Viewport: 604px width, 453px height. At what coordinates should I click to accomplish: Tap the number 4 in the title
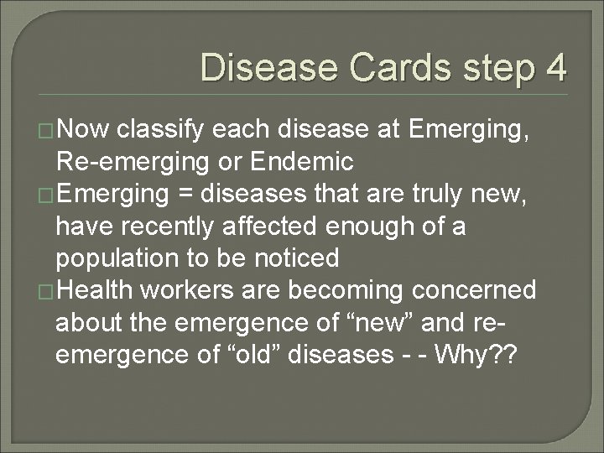click(554, 67)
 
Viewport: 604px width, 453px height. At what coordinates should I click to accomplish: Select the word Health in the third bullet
click(95, 289)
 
